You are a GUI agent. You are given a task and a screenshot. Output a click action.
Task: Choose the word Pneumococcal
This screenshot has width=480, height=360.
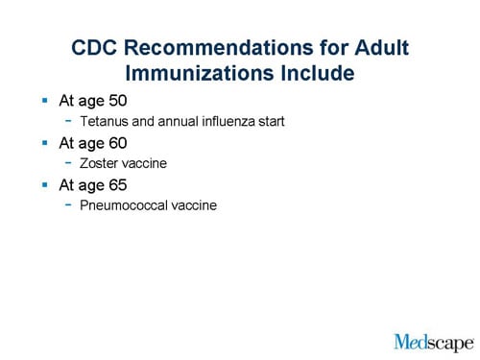click(122, 204)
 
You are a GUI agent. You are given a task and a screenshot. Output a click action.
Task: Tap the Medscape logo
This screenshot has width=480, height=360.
click(433, 340)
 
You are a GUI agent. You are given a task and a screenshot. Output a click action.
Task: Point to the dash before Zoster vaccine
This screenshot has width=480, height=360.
click(68, 162)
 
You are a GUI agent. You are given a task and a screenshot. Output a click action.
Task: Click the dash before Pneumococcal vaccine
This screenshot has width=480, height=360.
click(68, 204)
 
